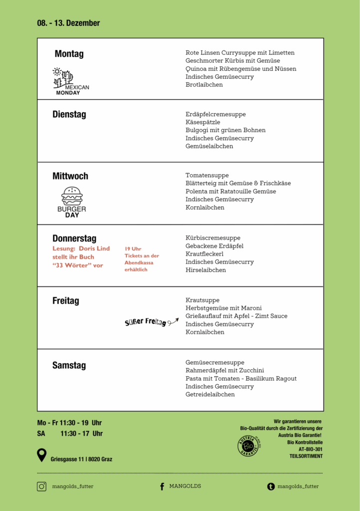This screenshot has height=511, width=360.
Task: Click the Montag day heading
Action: coord(69,54)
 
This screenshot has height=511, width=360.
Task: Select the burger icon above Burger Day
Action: coord(72,196)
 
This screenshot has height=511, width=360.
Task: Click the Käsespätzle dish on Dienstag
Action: coord(203,122)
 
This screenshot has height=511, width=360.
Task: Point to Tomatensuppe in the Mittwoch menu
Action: coord(207,175)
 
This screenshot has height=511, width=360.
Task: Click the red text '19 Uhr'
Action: coord(133,249)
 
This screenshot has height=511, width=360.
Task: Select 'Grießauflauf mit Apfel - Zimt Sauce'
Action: coord(236,316)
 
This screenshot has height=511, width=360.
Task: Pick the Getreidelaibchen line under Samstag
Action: coord(210,394)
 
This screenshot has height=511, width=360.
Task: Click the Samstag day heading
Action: coord(69,365)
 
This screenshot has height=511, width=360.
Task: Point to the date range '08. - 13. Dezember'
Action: coord(68,23)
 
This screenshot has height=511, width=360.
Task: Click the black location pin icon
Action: coord(42,455)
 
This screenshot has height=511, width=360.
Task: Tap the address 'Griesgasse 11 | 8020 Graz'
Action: coord(81,459)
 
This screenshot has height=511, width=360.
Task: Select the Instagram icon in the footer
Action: coord(41,487)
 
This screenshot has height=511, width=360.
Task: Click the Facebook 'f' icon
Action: coord(162,487)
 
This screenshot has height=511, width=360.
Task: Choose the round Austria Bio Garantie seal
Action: coord(248,446)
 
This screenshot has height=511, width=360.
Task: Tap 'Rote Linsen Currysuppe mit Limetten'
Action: coord(240,52)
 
